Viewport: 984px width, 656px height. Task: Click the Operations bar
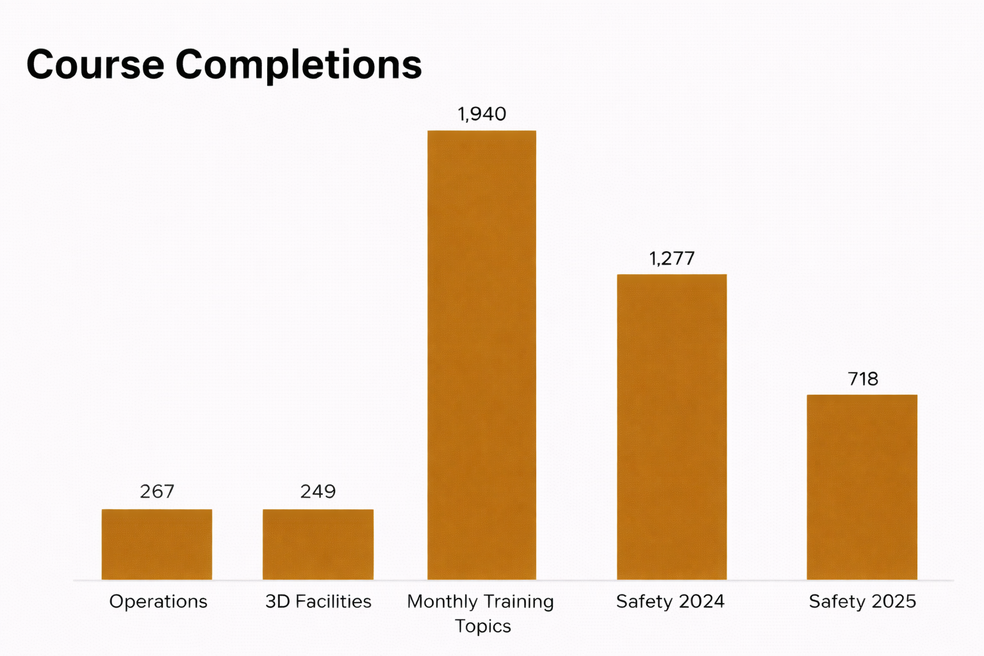tap(157, 545)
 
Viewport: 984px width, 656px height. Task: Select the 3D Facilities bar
tap(318, 545)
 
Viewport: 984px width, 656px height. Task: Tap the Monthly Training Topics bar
tap(482, 356)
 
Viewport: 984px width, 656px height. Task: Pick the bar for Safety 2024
tap(671, 427)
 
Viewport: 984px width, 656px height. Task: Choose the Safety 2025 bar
tap(862, 487)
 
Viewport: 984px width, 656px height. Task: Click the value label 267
tap(157, 491)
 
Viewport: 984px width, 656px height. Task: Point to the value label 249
tap(318, 491)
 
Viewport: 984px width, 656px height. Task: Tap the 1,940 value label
tap(482, 114)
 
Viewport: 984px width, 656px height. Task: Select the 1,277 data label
tap(671, 258)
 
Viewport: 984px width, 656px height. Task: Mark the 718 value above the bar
tap(863, 379)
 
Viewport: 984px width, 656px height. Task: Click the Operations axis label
tap(158, 602)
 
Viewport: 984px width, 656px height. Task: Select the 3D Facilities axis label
tap(318, 602)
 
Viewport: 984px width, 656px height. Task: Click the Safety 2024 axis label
tap(670, 602)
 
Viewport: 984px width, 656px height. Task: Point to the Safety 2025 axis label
tap(862, 602)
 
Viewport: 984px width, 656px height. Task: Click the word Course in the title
tap(95, 65)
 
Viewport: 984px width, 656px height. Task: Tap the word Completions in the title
tap(299, 65)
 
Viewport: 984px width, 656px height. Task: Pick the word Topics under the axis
tap(482, 626)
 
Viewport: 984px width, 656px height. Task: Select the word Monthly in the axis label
tap(442, 602)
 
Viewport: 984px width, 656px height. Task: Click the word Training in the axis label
tap(518, 602)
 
